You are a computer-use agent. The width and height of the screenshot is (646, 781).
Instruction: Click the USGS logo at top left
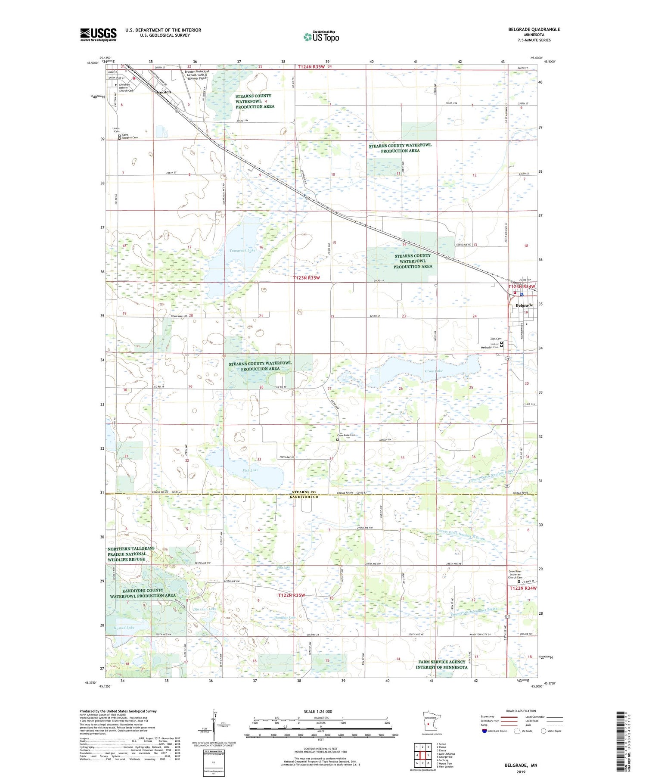tap(98, 34)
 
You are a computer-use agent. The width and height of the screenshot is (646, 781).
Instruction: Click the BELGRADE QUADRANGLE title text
tap(534, 29)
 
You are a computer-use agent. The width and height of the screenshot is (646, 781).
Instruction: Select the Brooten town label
tap(163, 92)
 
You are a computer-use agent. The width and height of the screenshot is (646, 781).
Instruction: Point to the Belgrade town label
tap(524, 305)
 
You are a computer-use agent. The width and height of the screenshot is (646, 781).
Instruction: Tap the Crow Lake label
tap(433, 371)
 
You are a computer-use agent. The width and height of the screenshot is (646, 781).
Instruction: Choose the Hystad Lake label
tap(124, 628)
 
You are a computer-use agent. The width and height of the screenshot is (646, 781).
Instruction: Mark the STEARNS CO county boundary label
tap(304, 492)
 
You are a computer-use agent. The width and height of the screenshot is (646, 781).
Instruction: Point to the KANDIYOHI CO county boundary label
tap(304, 497)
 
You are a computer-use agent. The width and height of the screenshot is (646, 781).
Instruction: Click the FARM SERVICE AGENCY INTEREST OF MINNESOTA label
tap(441, 664)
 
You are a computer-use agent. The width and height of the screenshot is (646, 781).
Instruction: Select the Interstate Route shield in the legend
tap(484, 731)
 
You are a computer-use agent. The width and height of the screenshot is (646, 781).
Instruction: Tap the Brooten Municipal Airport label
tap(197, 75)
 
